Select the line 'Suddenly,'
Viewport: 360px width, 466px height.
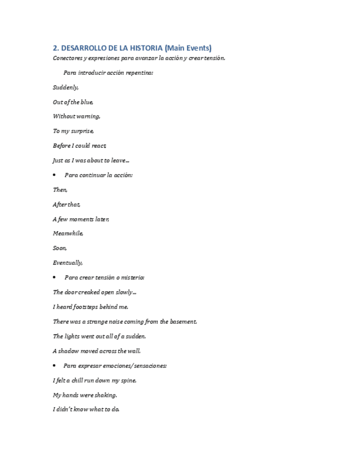click(x=66, y=87)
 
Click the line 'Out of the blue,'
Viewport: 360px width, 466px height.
click(x=73, y=102)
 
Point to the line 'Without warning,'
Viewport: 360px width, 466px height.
click(x=76, y=116)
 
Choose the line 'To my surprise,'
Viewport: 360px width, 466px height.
click(x=74, y=131)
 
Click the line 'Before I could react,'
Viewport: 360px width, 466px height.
click(x=80, y=146)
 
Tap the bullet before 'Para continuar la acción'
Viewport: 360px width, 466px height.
click(x=55, y=175)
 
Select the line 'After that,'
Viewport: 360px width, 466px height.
click(x=67, y=204)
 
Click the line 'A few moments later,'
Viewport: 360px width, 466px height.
click(x=81, y=219)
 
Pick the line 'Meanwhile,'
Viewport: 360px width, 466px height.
click(x=68, y=234)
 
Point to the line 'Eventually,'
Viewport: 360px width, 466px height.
click(x=68, y=263)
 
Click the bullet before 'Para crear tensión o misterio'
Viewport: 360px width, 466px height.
click(x=55, y=278)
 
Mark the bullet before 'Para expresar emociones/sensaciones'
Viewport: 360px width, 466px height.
click(x=55, y=365)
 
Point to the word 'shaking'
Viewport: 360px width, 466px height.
click(x=106, y=395)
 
